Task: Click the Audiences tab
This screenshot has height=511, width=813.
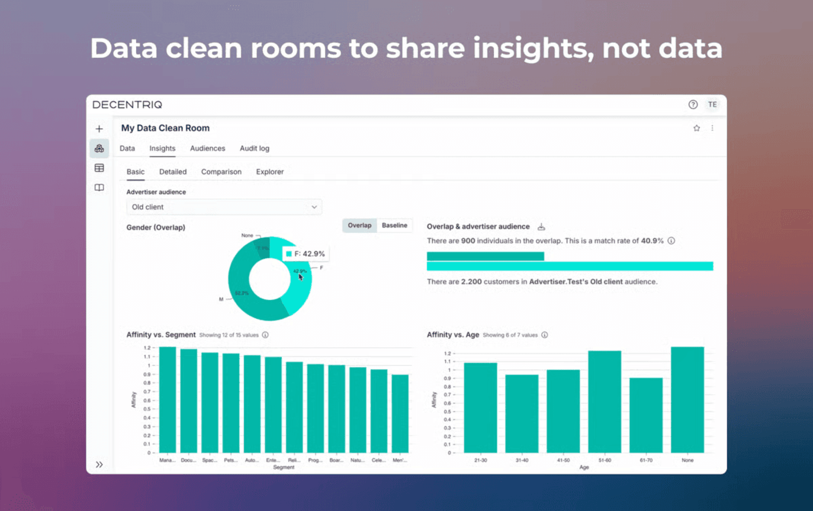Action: tap(207, 149)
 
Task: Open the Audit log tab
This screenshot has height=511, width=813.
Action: tap(254, 149)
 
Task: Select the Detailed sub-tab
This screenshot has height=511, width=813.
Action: tap(172, 172)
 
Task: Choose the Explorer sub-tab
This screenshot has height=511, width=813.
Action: tap(270, 172)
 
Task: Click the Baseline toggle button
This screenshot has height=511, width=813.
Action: tap(394, 226)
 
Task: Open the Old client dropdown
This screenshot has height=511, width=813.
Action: tap(224, 207)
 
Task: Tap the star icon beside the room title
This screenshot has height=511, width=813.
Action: tap(697, 128)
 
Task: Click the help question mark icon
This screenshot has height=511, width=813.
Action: tap(693, 105)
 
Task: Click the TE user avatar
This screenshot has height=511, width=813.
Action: tap(712, 105)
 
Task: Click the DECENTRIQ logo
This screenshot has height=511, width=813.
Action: tap(127, 105)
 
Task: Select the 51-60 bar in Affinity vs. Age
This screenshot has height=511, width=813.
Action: tap(604, 402)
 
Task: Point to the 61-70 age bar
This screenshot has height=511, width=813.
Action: tap(646, 415)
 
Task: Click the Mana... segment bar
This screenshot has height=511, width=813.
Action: tap(168, 400)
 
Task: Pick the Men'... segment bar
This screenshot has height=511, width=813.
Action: tap(400, 414)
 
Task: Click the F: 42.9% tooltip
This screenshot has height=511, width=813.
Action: tap(305, 254)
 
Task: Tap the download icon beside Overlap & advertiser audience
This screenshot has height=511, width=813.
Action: tap(541, 227)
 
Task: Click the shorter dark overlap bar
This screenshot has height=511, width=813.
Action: tap(485, 256)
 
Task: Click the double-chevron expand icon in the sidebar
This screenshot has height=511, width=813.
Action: tap(99, 465)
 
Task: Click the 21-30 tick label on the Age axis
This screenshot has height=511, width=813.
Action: tap(480, 460)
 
